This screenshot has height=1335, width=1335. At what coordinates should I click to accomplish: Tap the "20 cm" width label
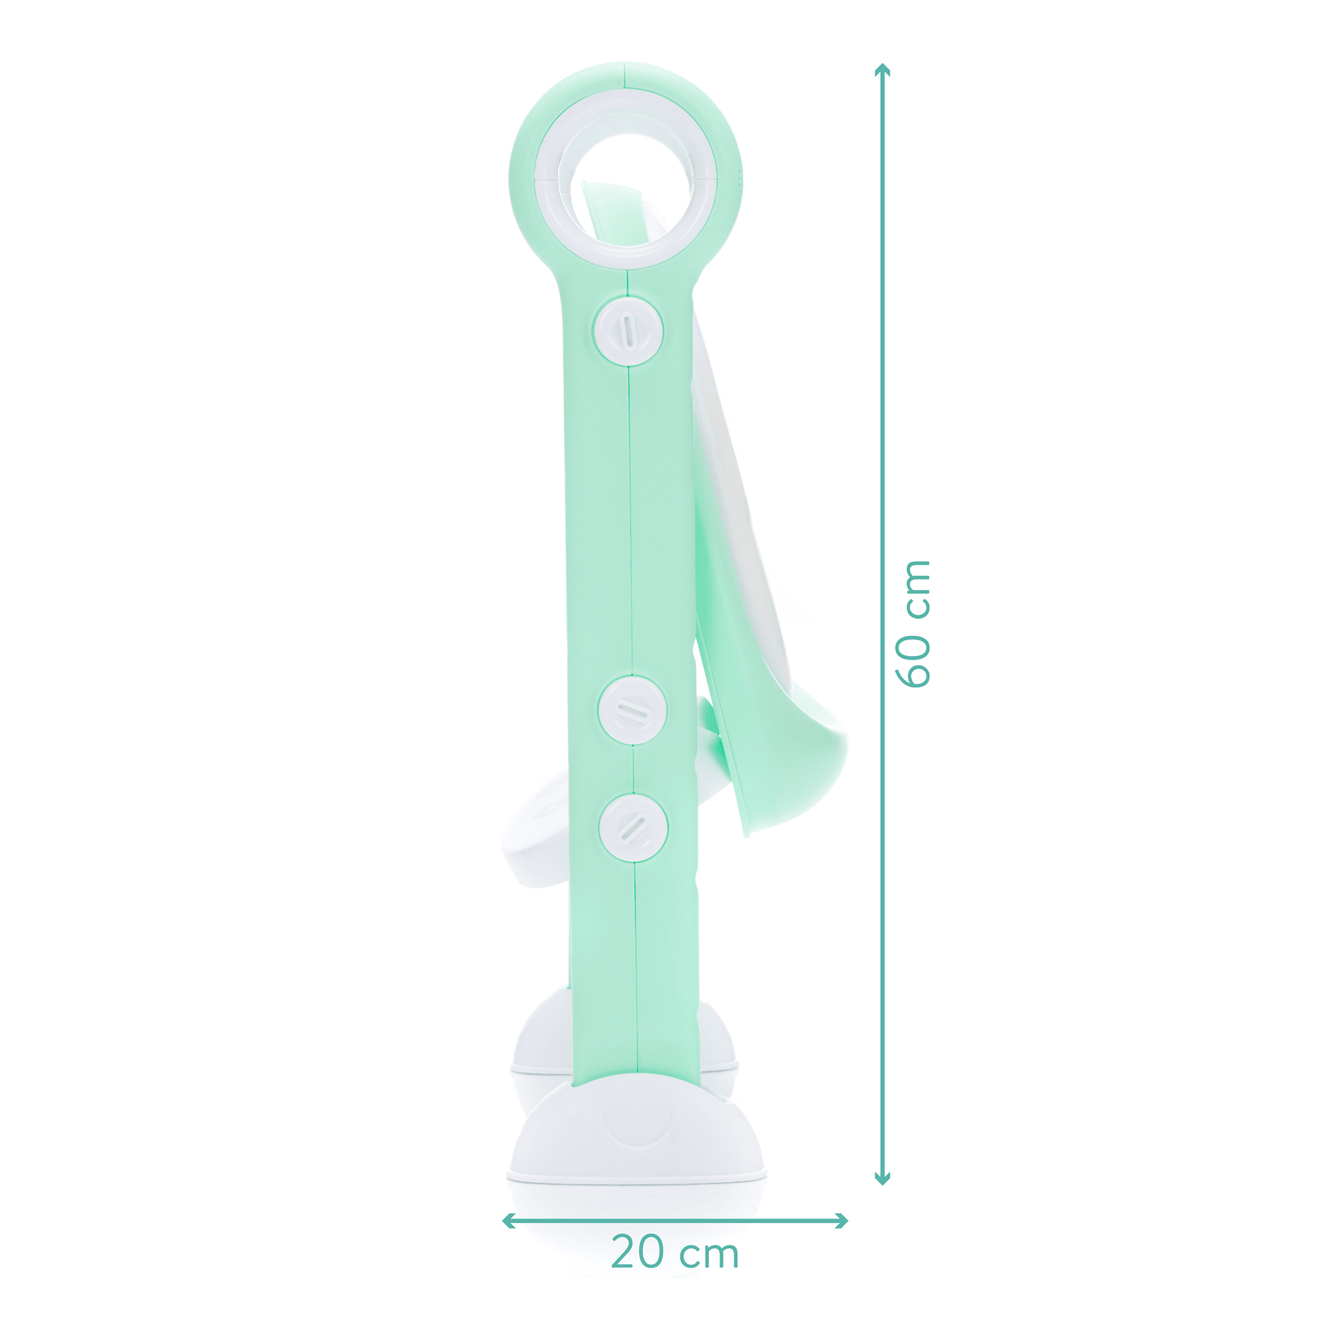tap(675, 1252)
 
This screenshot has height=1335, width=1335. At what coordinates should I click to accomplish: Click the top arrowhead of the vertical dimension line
tap(882, 69)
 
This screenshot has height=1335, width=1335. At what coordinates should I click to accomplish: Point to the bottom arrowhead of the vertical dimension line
tap(882, 1179)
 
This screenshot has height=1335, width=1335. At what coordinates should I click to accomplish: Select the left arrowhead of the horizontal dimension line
tap(508, 1221)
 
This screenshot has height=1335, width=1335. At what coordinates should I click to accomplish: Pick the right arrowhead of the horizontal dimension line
tap(842, 1221)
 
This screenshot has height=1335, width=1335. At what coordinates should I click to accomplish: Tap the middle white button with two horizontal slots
tap(632, 710)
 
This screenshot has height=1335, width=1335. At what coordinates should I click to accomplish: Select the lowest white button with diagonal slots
tap(633, 827)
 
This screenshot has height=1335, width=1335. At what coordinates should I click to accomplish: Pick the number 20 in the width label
tap(640, 1252)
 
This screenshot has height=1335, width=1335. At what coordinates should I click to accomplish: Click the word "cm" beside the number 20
tap(710, 1254)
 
